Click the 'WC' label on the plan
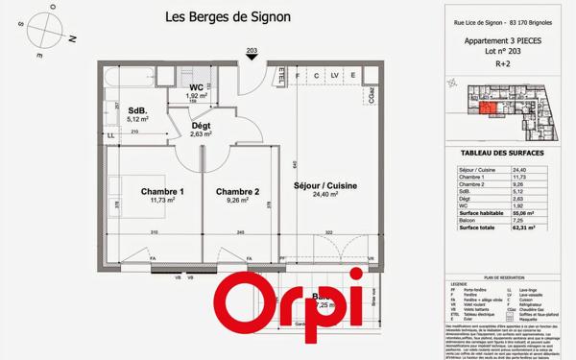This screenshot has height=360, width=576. pyautogui.click(x=196, y=87)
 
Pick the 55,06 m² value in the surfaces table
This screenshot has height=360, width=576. pyautogui.click(x=522, y=213)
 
